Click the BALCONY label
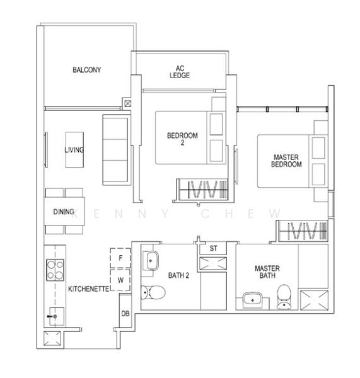tap(87, 70)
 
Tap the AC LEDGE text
tap(180, 72)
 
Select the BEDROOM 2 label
tap(182, 139)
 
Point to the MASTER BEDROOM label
tap(286, 161)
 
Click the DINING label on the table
tap(64, 212)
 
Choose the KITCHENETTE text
tap(89, 289)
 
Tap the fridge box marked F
tap(120, 258)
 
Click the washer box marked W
tap(120, 280)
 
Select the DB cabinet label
tap(125, 314)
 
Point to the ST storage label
tap(213, 248)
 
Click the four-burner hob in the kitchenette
tap(55, 270)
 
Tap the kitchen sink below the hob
tap(57, 316)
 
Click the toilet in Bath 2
tap(153, 292)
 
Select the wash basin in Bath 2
tap(151, 261)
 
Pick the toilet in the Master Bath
tap(284, 297)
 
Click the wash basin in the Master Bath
tap(253, 300)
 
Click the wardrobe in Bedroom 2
tap(202, 190)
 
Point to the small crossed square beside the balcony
tap(128, 104)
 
